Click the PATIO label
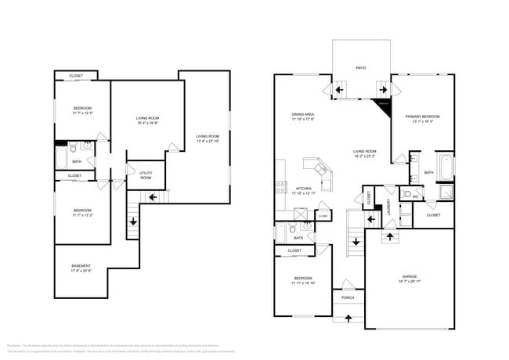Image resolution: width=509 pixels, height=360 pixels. pos(361,67)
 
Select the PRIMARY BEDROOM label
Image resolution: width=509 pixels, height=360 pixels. pos(423,116)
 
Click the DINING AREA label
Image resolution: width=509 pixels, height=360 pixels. pos(303,114)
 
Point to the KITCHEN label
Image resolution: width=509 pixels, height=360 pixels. pos(303,188)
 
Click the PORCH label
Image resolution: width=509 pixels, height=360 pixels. pos(348,297)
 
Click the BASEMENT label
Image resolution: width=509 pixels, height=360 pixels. pos(81,266)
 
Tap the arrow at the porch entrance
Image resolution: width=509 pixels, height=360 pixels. pos(348,317)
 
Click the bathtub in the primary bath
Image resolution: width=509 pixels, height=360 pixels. pos(446,166)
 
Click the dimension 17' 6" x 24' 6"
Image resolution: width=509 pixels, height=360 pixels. pos(81,272)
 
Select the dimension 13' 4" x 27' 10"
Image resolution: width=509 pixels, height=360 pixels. pos(208,142)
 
